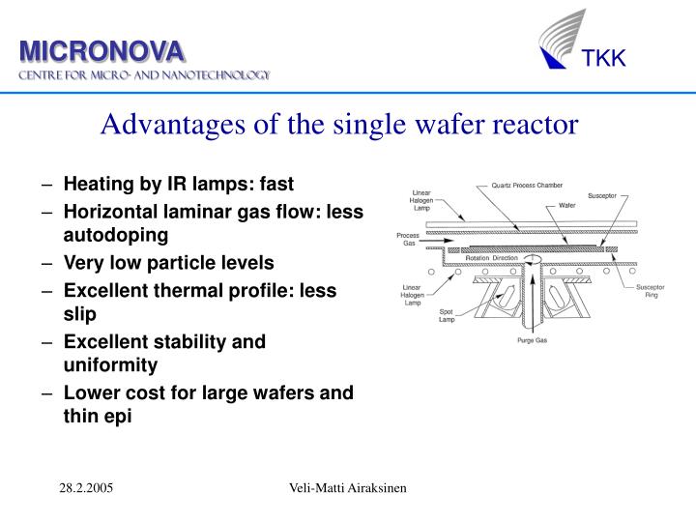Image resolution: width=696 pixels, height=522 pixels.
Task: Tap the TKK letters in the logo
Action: coord(604,60)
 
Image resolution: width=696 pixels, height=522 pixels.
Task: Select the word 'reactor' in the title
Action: coord(536,124)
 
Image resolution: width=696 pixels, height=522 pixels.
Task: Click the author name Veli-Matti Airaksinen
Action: coord(348,490)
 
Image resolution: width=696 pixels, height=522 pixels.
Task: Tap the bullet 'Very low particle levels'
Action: coord(168,262)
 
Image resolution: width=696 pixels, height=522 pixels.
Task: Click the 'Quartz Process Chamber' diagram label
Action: coord(527,186)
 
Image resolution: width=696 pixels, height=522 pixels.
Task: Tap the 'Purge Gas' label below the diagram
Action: coord(531,341)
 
